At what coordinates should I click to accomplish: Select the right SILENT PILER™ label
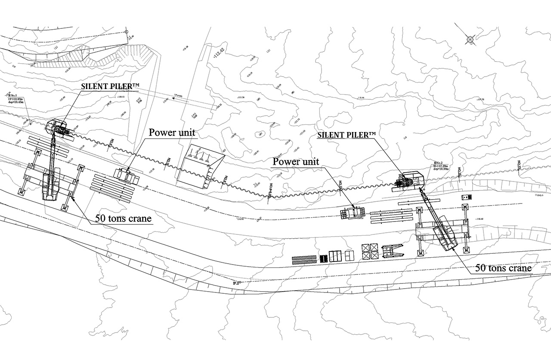point(347,135)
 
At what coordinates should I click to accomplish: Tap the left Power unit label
point(172,132)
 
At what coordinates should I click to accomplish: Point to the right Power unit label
point(296,162)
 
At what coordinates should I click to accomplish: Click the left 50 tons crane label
point(123,218)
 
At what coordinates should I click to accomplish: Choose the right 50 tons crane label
point(503,268)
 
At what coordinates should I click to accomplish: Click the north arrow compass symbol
point(470,40)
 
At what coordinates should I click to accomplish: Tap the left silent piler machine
point(58,128)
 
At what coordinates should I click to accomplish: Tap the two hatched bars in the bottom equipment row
point(304,259)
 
